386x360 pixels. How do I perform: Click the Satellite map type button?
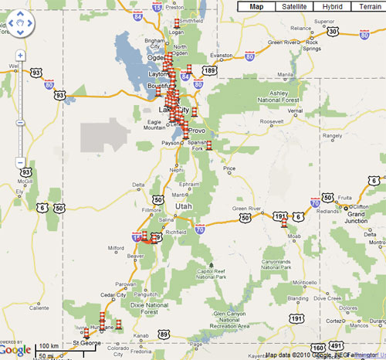tap(293, 6)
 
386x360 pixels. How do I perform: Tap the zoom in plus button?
tap(20, 56)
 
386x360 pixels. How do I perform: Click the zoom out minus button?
tap(20, 161)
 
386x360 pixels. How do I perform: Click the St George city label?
tap(86, 342)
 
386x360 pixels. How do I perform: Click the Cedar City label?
tap(113, 294)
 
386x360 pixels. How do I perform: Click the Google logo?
tap(16, 348)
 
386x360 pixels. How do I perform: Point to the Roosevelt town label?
tap(273, 122)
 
